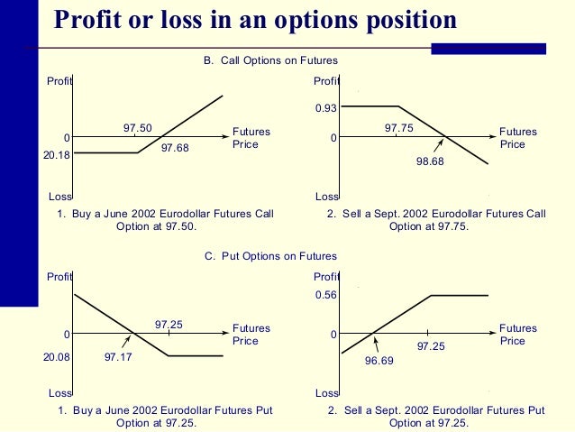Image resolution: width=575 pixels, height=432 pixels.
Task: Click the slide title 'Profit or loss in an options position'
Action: (255, 20)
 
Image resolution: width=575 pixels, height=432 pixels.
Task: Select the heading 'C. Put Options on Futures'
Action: (270, 257)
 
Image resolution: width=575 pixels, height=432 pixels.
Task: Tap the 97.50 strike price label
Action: (137, 128)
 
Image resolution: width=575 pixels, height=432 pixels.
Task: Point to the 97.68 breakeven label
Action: (175, 148)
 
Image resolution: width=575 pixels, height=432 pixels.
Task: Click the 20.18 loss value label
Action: (56, 154)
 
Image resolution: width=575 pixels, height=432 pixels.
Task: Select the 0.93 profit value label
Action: (326, 108)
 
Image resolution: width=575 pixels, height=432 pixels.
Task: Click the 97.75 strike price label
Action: (399, 128)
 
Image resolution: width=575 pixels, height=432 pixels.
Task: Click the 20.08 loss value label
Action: (56, 357)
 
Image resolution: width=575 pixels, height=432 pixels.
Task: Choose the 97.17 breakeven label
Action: (118, 357)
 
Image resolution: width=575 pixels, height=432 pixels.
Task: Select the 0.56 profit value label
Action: (326, 295)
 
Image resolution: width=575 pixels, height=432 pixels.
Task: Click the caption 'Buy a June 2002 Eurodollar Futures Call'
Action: (166, 214)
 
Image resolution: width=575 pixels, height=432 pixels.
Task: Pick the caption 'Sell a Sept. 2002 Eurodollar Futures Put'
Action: (436, 410)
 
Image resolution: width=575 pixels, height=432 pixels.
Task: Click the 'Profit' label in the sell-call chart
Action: (326, 82)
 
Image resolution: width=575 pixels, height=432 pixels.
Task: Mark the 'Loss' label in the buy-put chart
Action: (59, 393)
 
